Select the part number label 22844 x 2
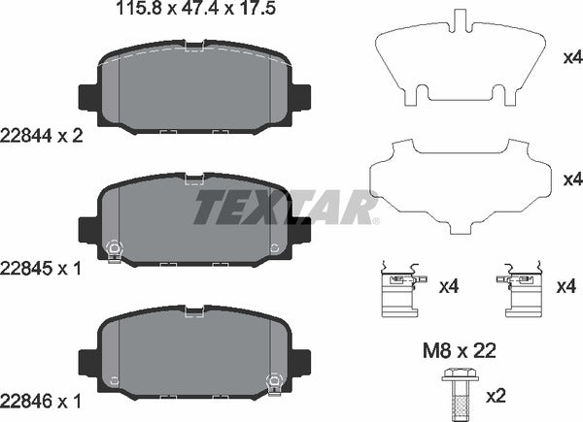(45, 137)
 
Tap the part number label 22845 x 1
(45, 266)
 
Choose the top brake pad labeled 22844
(194, 97)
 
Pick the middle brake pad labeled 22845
(194, 224)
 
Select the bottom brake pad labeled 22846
(194, 353)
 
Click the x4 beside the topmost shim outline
(572, 57)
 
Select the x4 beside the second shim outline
(572, 180)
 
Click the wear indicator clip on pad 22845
(113, 250)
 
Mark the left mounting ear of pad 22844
(86, 98)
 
